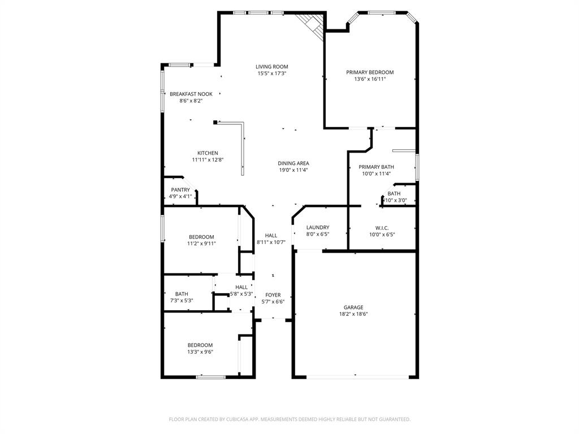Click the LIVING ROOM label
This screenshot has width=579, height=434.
point(272,67)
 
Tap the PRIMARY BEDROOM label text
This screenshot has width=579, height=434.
point(370,72)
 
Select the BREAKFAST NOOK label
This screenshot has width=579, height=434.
point(191,94)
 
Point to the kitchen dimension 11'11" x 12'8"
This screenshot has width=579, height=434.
point(208,160)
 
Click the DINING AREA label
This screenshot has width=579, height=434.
point(293,163)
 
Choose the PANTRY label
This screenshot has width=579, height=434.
point(180,190)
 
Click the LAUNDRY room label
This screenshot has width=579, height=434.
point(317,228)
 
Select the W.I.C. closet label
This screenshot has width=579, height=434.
point(382,228)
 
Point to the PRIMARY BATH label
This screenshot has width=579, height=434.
point(376,167)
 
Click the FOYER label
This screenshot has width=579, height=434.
point(273,295)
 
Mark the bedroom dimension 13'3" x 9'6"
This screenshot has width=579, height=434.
point(200,351)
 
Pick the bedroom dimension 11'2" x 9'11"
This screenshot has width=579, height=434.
point(201,244)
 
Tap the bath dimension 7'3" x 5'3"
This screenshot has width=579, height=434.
point(182,301)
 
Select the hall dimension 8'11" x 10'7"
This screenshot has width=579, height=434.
point(271,242)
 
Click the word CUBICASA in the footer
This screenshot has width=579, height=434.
point(233,419)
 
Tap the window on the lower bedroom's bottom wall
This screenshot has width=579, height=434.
point(211,376)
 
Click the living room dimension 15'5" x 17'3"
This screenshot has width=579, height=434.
point(272,73)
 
